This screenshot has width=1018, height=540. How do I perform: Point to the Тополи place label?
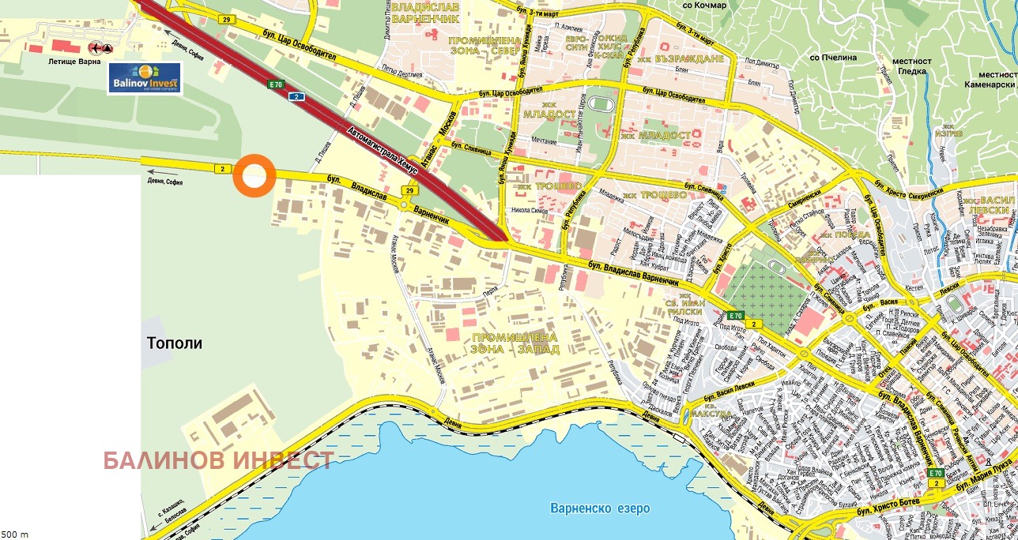[175, 343]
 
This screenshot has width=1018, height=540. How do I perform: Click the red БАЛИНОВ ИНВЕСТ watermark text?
[218, 461]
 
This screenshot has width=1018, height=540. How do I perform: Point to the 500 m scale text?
[15, 534]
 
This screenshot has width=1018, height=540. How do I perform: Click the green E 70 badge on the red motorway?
[275, 84]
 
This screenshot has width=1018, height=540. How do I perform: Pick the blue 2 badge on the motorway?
[296, 96]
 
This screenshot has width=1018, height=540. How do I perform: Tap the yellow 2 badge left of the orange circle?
[223, 168]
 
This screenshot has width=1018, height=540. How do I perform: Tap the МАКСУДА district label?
[711, 413]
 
